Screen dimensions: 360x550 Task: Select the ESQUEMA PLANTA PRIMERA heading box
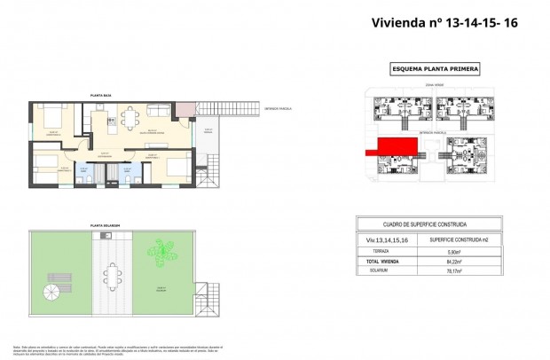tap(436, 68)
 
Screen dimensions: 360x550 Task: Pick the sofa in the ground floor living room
tap(159, 109)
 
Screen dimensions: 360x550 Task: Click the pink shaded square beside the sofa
tap(184, 110)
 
